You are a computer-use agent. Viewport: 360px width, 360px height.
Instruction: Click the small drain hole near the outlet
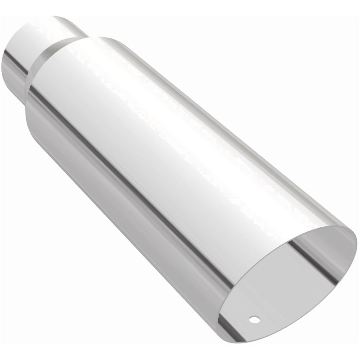(x=255, y=319)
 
